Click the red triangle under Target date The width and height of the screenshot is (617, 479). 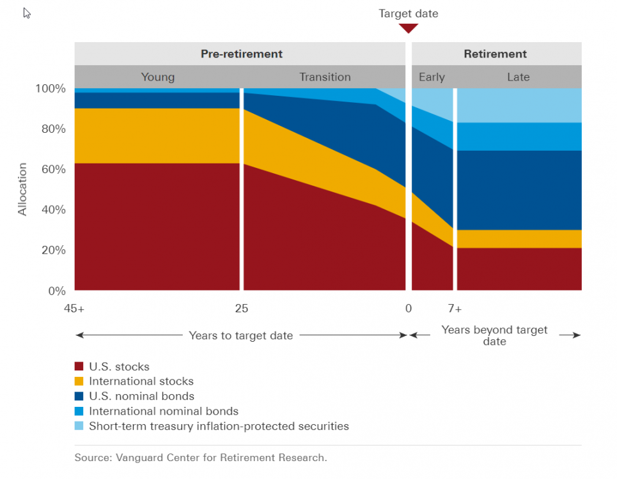tap(409, 28)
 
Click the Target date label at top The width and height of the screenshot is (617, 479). tap(409, 13)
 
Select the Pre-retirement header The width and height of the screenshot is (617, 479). tap(241, 54)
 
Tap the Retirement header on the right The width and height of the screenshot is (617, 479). tap(496, 54)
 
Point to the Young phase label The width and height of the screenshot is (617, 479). tap(157, 77)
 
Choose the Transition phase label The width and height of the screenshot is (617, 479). tap(325, 77)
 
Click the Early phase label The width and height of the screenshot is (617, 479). tap(432, 77)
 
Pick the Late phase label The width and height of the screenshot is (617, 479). tap(518, 77)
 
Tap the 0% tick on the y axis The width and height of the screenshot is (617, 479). tap(56, 291)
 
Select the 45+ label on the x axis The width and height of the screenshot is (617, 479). tap(74, 309)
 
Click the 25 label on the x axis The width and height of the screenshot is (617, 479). tap(241, 309)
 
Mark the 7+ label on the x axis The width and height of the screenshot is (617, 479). tap(455, 309)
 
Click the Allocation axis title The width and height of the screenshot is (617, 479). tap(23, 189)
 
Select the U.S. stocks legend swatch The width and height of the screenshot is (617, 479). tap(79, 367)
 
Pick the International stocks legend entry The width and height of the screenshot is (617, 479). tap(141, 381)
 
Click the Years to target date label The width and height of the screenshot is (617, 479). tap(241, 335)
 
